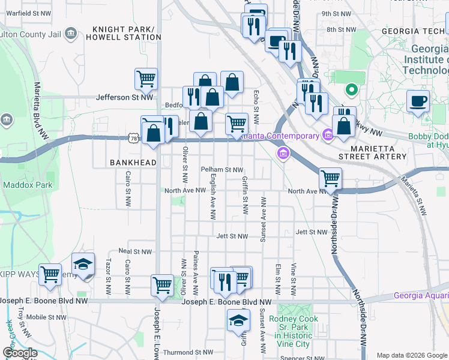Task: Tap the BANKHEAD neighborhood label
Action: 133,163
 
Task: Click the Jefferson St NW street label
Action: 125,97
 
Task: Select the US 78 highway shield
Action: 133,139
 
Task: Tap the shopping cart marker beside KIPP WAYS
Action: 50,274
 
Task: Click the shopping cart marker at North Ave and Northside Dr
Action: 330,178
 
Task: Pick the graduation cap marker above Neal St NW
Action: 83,264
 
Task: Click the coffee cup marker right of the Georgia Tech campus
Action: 418,100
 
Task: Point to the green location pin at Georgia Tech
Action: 351,91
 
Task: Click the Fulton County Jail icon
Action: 71,32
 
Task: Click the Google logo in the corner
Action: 20,353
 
